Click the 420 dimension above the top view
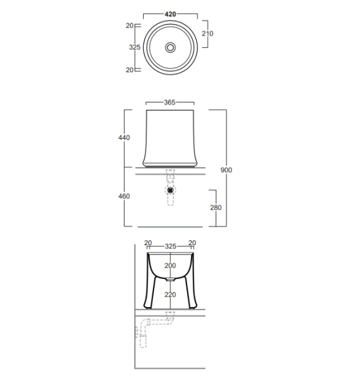pos(170,14)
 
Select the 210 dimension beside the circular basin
pos(208,34)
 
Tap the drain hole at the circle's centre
pos(170,48)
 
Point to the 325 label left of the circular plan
pos(135,47)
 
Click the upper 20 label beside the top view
pos(130,25)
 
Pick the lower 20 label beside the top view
pos(130,70)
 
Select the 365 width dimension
pos(170,103)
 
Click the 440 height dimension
pos(124,137)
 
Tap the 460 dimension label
pos(124,196)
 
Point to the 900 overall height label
pos(226,170)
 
